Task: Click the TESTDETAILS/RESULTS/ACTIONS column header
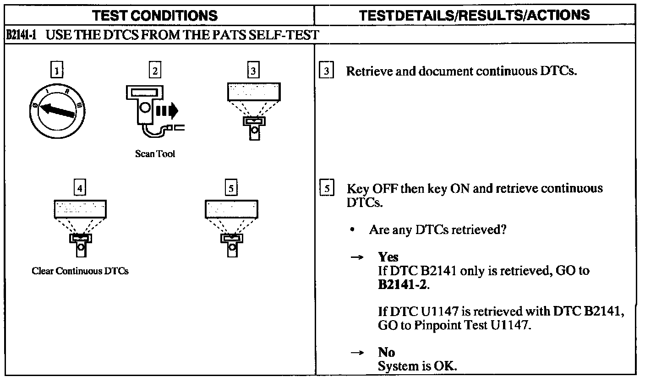tap(475, 16)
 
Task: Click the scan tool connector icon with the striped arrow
tap(153, 112)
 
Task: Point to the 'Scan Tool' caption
tap(155, 154)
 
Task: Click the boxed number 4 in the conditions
tap(80, 188)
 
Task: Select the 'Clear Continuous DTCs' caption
tap(80, 271)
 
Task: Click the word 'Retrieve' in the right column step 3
tap(364, 72)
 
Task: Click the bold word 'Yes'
tap(388, 257)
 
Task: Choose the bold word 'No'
tap(386, 352)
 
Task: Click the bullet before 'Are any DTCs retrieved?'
tap(351, 230)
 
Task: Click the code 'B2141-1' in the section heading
tap(22, 36)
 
